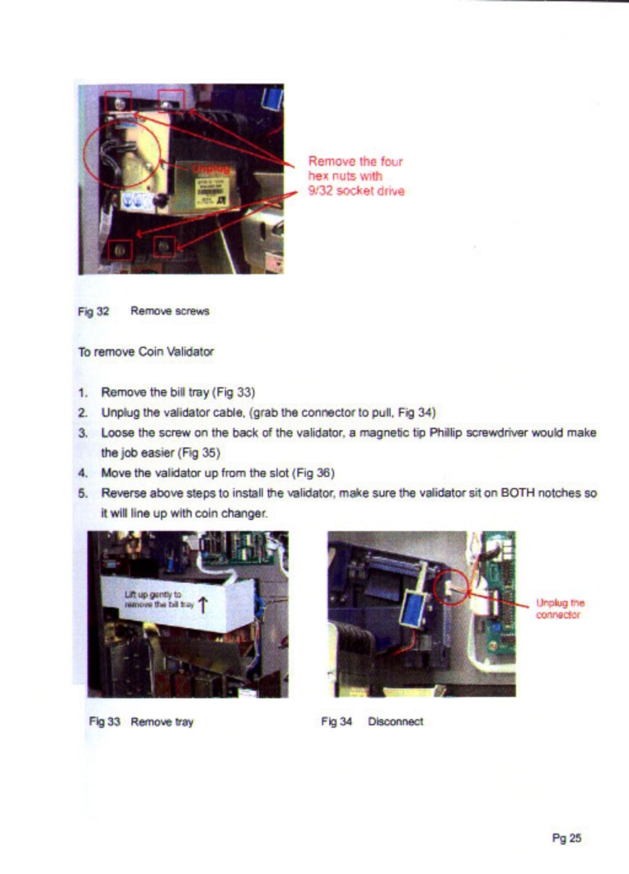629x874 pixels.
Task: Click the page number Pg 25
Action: [566, 838]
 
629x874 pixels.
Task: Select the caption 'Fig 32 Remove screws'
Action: [144, 311]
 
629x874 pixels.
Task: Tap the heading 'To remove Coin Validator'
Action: [146, 352]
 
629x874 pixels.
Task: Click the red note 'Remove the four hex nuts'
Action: [356, 176]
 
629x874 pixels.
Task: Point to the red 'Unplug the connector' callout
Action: [560, 608]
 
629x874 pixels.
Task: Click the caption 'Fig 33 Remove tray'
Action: [141, 722]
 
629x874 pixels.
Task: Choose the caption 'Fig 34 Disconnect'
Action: [372, 722]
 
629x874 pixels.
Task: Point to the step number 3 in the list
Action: [82, 433]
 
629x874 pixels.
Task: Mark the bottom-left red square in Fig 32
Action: [120, 250]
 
